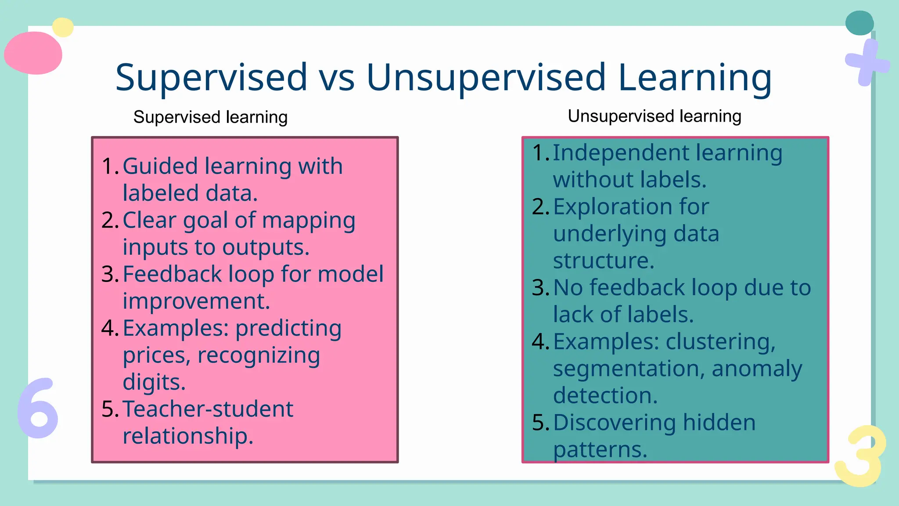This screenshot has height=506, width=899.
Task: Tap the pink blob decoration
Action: click(x=33, y=53)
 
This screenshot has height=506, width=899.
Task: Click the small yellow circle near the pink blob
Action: click(x=63, y=27)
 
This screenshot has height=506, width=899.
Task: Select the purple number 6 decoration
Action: click(x=38, y=408)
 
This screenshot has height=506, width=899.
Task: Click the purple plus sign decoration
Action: click(x=867, y=63)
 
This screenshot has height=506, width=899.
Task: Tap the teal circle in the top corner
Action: click(x=859, y=23)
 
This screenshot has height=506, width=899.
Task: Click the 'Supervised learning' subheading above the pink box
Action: click(x=210, y=117)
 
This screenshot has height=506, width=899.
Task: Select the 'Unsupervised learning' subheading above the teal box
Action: click(x=654, y=116)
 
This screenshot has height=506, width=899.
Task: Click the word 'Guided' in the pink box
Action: click(x=160, y=166)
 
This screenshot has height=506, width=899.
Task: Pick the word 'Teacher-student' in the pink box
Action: click(x=208, y=409)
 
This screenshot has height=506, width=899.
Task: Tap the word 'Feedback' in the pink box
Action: click(x=172, y=275)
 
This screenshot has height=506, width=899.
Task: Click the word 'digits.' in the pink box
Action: click(x=154, y=382)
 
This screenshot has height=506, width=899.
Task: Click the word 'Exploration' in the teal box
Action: click(x=613, y=207)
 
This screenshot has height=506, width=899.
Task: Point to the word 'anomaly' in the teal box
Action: click(x=757, y=369)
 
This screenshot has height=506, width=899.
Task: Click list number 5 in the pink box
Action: click(x=110, y=409)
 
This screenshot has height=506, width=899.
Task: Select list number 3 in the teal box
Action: click(x=540, y=288)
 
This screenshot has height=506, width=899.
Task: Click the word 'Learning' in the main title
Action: click(x=694, y=78)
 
